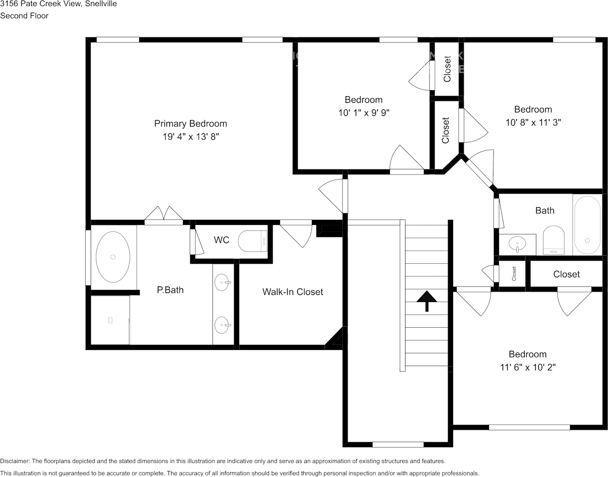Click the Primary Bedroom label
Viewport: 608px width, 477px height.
click(x=191, y=124)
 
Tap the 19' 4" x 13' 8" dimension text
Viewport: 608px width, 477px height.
click(x=191, y=137)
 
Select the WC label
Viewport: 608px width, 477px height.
click(x=222, y=240)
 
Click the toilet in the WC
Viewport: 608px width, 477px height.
click(x=253, y=241)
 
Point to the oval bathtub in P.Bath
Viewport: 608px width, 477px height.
click(x=113, y=257)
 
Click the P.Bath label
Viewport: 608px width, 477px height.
click(x=170, y=290)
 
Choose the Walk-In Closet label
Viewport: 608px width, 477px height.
click(x=293, y=292)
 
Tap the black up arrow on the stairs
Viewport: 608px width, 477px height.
click(x=427, y=301)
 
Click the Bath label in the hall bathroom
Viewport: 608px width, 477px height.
click(x=545, y=211)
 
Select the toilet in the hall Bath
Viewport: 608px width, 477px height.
click(x=554, y=241)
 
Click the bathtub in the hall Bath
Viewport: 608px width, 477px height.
click(x=587, y=225)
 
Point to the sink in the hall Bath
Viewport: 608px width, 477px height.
click(x=517, y=244)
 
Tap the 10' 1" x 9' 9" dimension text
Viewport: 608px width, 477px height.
click(x=364, y=112)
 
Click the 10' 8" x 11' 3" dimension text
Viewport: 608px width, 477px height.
click(x=533, y=123)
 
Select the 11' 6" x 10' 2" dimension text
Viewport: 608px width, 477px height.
click(x=528, y=367)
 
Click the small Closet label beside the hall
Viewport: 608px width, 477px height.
click(x=514, y=274)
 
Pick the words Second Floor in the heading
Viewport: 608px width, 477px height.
click(x=24, y=16)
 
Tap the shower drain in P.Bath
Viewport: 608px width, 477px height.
click(x=110, y=320)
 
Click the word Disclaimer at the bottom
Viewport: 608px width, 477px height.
click(x=15, y=461)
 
